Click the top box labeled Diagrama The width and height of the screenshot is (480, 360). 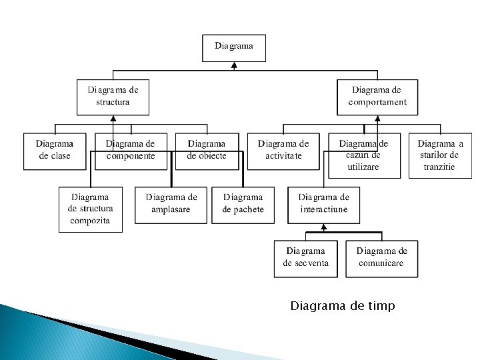pos(234,47)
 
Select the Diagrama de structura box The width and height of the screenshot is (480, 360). pos(113,97)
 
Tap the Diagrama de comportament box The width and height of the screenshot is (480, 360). pos(377,97)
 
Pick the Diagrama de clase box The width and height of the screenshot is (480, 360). pos(55,151)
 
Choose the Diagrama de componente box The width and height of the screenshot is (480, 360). pos(131,151)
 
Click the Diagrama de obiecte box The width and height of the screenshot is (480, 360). pos(207,151)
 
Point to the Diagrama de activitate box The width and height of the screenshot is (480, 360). pos(283,151)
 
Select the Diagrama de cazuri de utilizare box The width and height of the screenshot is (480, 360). pos(363,155)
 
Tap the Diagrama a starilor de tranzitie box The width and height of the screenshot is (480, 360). pos(440,155)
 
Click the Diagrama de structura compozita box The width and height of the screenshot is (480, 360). pos(91,209)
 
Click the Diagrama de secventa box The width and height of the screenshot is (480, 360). pos(306,258)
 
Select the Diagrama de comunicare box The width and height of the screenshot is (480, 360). pos(382,258)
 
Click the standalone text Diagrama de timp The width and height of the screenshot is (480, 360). pos(343,306)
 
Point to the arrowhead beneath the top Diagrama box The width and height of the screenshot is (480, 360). pos(234,65)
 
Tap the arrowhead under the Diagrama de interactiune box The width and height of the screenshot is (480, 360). pos(323,227)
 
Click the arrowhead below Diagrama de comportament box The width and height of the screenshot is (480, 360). pos(377,119)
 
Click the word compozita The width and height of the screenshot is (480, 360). pos(90,221)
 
